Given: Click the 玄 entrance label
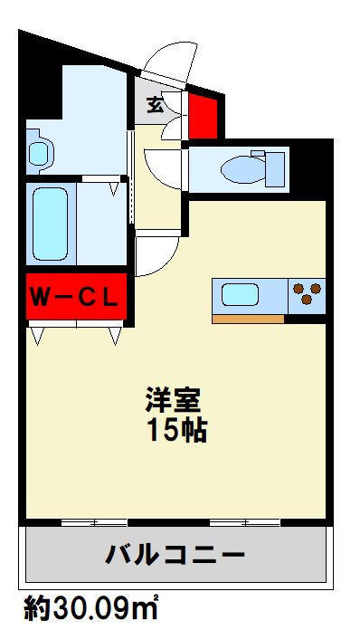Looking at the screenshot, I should coord(156,105).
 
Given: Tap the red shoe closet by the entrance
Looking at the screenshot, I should coord(204,113).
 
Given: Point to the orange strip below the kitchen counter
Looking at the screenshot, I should coord(248,319).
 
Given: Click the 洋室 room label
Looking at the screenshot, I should coord(174,399).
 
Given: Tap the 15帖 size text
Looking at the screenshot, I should coord(177,430).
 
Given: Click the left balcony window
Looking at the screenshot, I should coord(94,523).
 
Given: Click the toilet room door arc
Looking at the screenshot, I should coord(164,168).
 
